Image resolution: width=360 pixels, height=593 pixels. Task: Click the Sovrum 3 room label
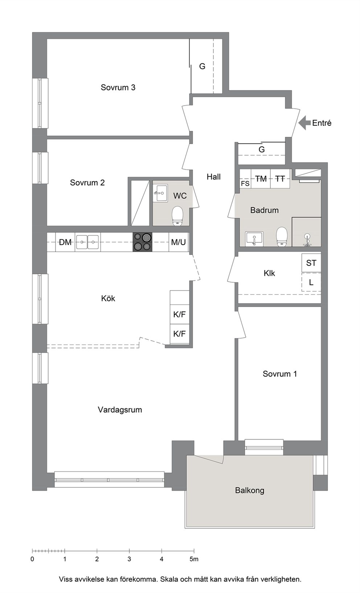click(x=118, y=87)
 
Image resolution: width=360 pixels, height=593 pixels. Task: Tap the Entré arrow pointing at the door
click(x=304, y=123)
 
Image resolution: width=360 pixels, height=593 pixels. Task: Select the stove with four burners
click(x=143, y=242)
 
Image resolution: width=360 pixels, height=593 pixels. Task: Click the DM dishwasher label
click(x=65, y=242)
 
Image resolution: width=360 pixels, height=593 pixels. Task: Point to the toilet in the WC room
click(x=177, y=216)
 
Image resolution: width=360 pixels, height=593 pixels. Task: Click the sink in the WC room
click(x=160, y=193)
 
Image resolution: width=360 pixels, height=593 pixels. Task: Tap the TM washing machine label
click(x=261, y=179)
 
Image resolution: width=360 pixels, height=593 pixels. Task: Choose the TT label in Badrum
click(x=280, y=179)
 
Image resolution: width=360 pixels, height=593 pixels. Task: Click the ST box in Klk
click(x=311, y=263)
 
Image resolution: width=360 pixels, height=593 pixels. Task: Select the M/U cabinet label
click(x=178, y=242)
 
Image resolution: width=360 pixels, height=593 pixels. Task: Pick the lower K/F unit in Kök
click(x=180, y=334)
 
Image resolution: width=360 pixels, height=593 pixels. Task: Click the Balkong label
click(x=250, y=491)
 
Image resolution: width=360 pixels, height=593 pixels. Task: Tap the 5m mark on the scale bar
click(x=194, y=559)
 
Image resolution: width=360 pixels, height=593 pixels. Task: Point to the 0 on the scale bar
click(x=32, y=559)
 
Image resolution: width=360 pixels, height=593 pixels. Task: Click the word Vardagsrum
click(x=120, y=410)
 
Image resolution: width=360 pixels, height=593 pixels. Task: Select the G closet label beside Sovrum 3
click(x=202, y=66)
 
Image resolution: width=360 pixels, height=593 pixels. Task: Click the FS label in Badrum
click(x=245, y=184)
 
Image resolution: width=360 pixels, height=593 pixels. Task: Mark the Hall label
click(x=213, y=177)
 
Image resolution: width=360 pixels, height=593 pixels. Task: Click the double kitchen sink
click(x=87, y=242)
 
